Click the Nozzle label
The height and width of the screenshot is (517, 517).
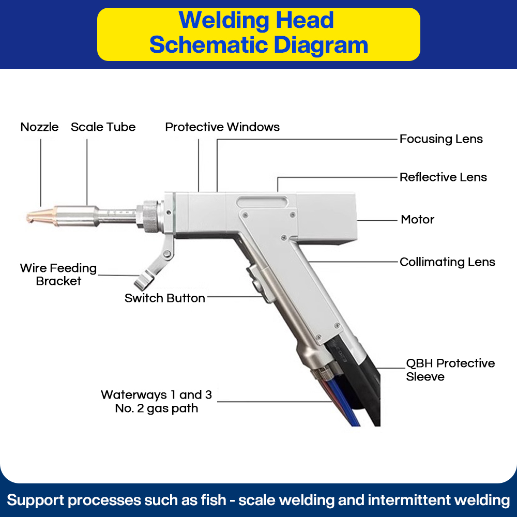39,127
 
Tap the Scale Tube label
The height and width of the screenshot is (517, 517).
103,127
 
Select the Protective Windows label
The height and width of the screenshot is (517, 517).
222,127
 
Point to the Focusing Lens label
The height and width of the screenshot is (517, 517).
441,139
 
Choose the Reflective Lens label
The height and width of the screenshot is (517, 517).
443,177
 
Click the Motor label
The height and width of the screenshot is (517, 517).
417,220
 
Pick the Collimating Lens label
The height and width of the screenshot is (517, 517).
447,262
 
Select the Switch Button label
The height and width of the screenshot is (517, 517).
164,298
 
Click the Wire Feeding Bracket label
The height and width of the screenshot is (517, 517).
58,275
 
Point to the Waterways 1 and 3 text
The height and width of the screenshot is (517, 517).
156,396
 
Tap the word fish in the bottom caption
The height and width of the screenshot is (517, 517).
214,500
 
